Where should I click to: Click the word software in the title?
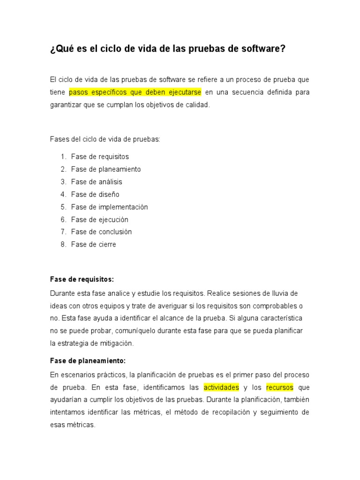coord(262,49)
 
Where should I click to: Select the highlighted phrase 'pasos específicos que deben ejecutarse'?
coord(135,92)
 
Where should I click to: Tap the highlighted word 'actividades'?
coord(221,388)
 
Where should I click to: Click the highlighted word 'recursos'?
coord(280,388)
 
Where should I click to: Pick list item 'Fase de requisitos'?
coord(100,157)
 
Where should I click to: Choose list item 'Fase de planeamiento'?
coord(106,169)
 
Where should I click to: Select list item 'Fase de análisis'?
coord(97,182)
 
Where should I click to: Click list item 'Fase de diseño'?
coord(95,195)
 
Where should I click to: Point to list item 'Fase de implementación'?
coord(109,207)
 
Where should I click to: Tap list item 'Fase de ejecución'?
coord(99,219)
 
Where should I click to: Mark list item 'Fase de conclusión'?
coord(101,232)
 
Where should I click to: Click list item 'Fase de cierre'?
coord(93,245)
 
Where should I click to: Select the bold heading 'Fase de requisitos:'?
coord(82,279)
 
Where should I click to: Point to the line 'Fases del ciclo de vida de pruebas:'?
coord(105,139)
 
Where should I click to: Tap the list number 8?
coord(62,245)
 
